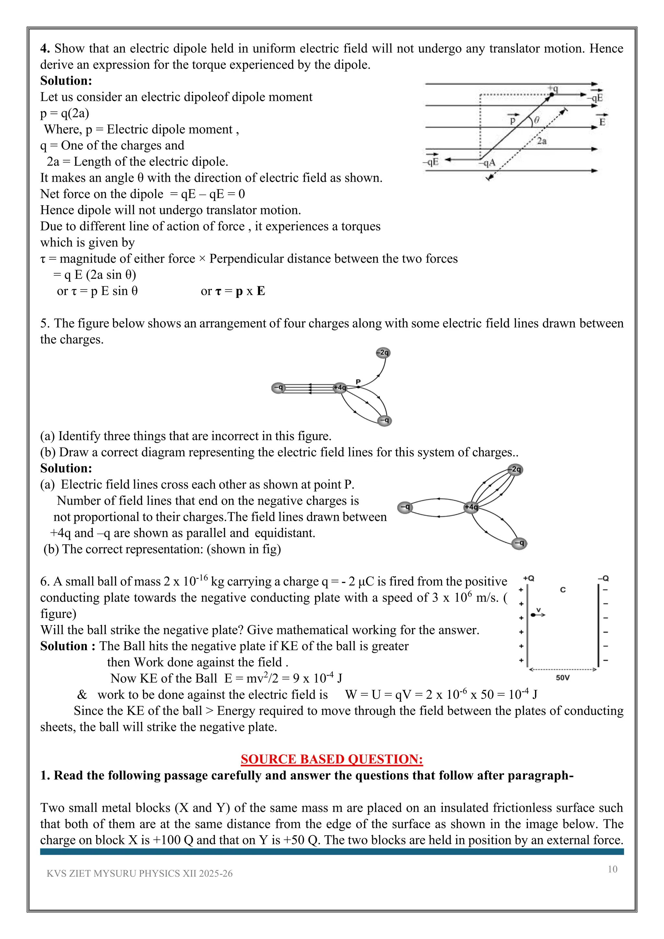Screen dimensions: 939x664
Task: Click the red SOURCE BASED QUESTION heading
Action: pos(332,759)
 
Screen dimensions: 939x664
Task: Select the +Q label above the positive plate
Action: pos(529,578)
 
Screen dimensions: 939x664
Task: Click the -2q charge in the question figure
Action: pos(383,352)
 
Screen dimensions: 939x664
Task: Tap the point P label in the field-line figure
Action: pos(358,381)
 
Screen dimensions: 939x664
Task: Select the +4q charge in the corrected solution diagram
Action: pos(471,507)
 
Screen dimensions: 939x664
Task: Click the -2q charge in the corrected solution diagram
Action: pos(516,469)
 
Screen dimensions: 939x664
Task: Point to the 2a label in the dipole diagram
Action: pos(542,141)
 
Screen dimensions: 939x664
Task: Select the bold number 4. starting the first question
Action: pos(45,49)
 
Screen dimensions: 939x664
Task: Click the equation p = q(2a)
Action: pos(65,113)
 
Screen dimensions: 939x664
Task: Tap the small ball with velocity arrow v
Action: pos(533,615)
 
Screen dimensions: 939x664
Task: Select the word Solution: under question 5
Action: pos(66,468)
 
